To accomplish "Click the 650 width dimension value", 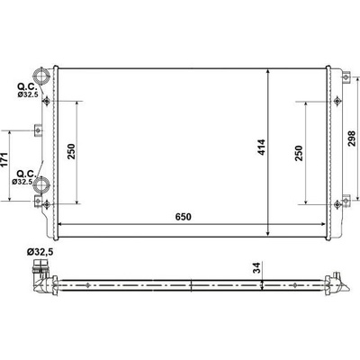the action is pos(184,217).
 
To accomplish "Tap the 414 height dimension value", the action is pos(262,147).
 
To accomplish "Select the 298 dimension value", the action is pos(351,139).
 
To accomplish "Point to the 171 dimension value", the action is pos(4,160).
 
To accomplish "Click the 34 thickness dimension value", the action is pos(257,267).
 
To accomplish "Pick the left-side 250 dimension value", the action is pos(71,152).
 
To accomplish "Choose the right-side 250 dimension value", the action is pos(299,153).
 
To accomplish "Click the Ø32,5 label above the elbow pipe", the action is pos(40,252).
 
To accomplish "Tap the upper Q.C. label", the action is pos(27,87).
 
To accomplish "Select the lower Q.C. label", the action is pos(27,174).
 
